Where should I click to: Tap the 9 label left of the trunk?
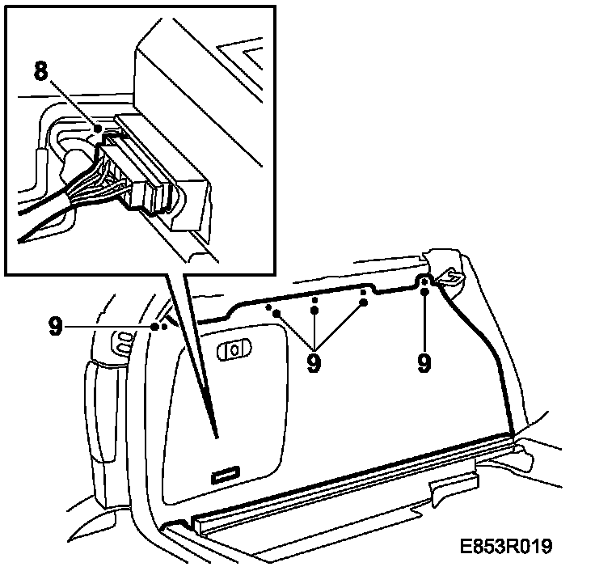click(56, 325)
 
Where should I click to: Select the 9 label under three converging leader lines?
click(314, 362)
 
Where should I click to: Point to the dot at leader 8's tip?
click(98, 129)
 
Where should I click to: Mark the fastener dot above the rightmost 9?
click(424, 283)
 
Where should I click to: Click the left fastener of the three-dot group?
click(276, 311)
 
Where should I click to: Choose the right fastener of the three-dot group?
click(363, 302)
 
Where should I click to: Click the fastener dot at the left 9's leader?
click(155, 326)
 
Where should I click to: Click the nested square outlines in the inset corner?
click(251, 57)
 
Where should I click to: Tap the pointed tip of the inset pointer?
click(217, 437)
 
